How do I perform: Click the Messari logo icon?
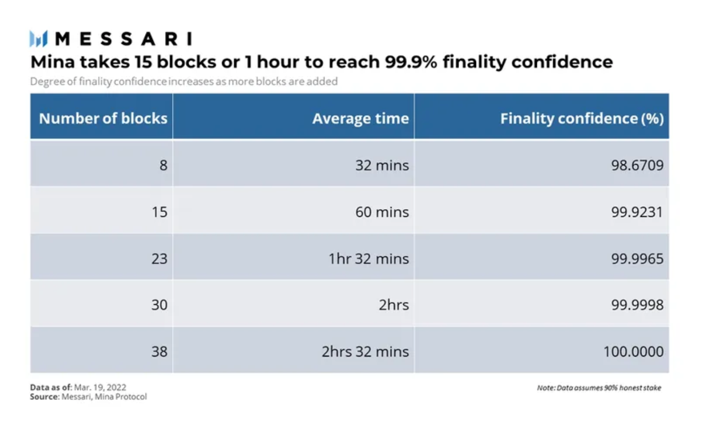tap(39, 39)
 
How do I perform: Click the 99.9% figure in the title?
tap(411, 62)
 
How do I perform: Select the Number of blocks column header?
tap(103, 118)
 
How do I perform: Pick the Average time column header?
tap(361, 119)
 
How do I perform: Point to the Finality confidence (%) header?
tap(582, 119)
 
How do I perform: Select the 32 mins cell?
tap(382, 165)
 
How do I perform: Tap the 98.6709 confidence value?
tap(638, 165)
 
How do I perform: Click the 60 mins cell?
tap(382, 212)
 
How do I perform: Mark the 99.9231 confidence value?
tap(637, 212)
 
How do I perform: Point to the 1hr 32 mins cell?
tap(369, 259)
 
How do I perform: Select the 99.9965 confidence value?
tap(638, 259)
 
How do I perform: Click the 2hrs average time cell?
tap(394, 305)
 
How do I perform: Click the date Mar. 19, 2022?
tap(100, 387)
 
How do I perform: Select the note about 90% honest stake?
tap(599, 388)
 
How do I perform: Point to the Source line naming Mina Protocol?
tap(88, 397)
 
